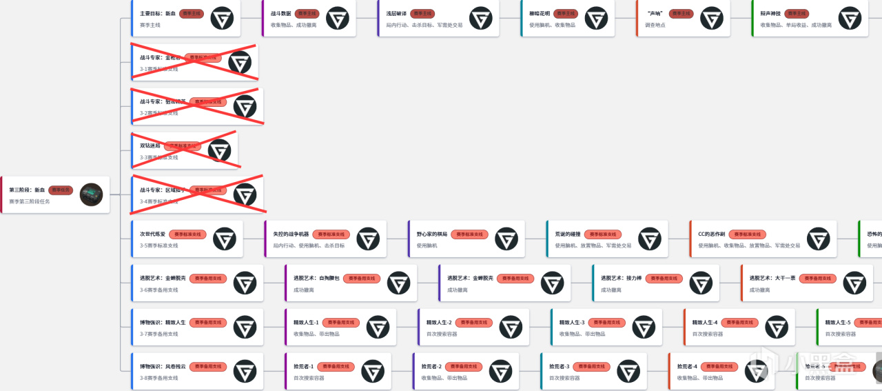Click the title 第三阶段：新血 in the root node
pos(27,190)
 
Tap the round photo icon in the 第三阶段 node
pos(91,194)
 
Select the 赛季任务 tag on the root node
pos(61,190)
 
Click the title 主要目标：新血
pos(157,13)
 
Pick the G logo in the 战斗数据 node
pos(337,18)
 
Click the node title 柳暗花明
pos(539,13)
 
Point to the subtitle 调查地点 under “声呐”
pos(654,25)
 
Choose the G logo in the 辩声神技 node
pos(850,18)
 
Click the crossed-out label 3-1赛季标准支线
pos(158,69)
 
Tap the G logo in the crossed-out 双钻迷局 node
pos(219,150)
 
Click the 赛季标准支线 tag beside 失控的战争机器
pos(331,234)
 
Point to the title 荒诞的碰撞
pos(568,234)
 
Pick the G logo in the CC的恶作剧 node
pos(818,239)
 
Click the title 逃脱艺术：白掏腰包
pos(316,278)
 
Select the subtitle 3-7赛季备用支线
pos(158,334)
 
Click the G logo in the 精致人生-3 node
pos(644,327)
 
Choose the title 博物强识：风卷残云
pos(163,366)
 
